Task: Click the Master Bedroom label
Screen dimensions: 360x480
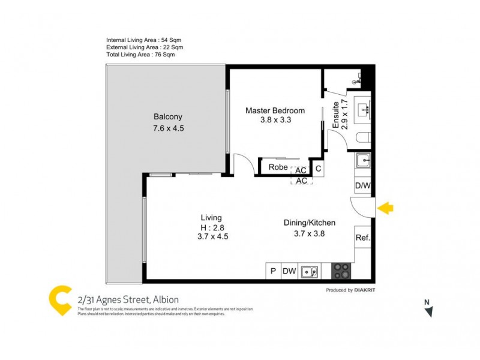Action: [275, 110]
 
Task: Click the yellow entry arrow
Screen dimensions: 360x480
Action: [386, 208]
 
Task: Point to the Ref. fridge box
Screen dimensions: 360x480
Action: [362, 238]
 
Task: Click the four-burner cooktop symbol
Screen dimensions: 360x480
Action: [341, 271]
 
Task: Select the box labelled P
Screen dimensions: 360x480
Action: [273, 271]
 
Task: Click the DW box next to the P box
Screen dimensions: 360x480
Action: [290, 271]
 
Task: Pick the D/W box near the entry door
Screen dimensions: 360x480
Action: [363, 186]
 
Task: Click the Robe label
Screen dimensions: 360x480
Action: [278, 167]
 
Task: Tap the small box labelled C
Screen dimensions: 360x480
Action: [319, 169]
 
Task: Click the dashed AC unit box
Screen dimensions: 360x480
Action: [302, 181]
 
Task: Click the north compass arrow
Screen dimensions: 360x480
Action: [428, 310]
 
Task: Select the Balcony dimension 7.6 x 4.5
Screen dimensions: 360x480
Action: [167, 128]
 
